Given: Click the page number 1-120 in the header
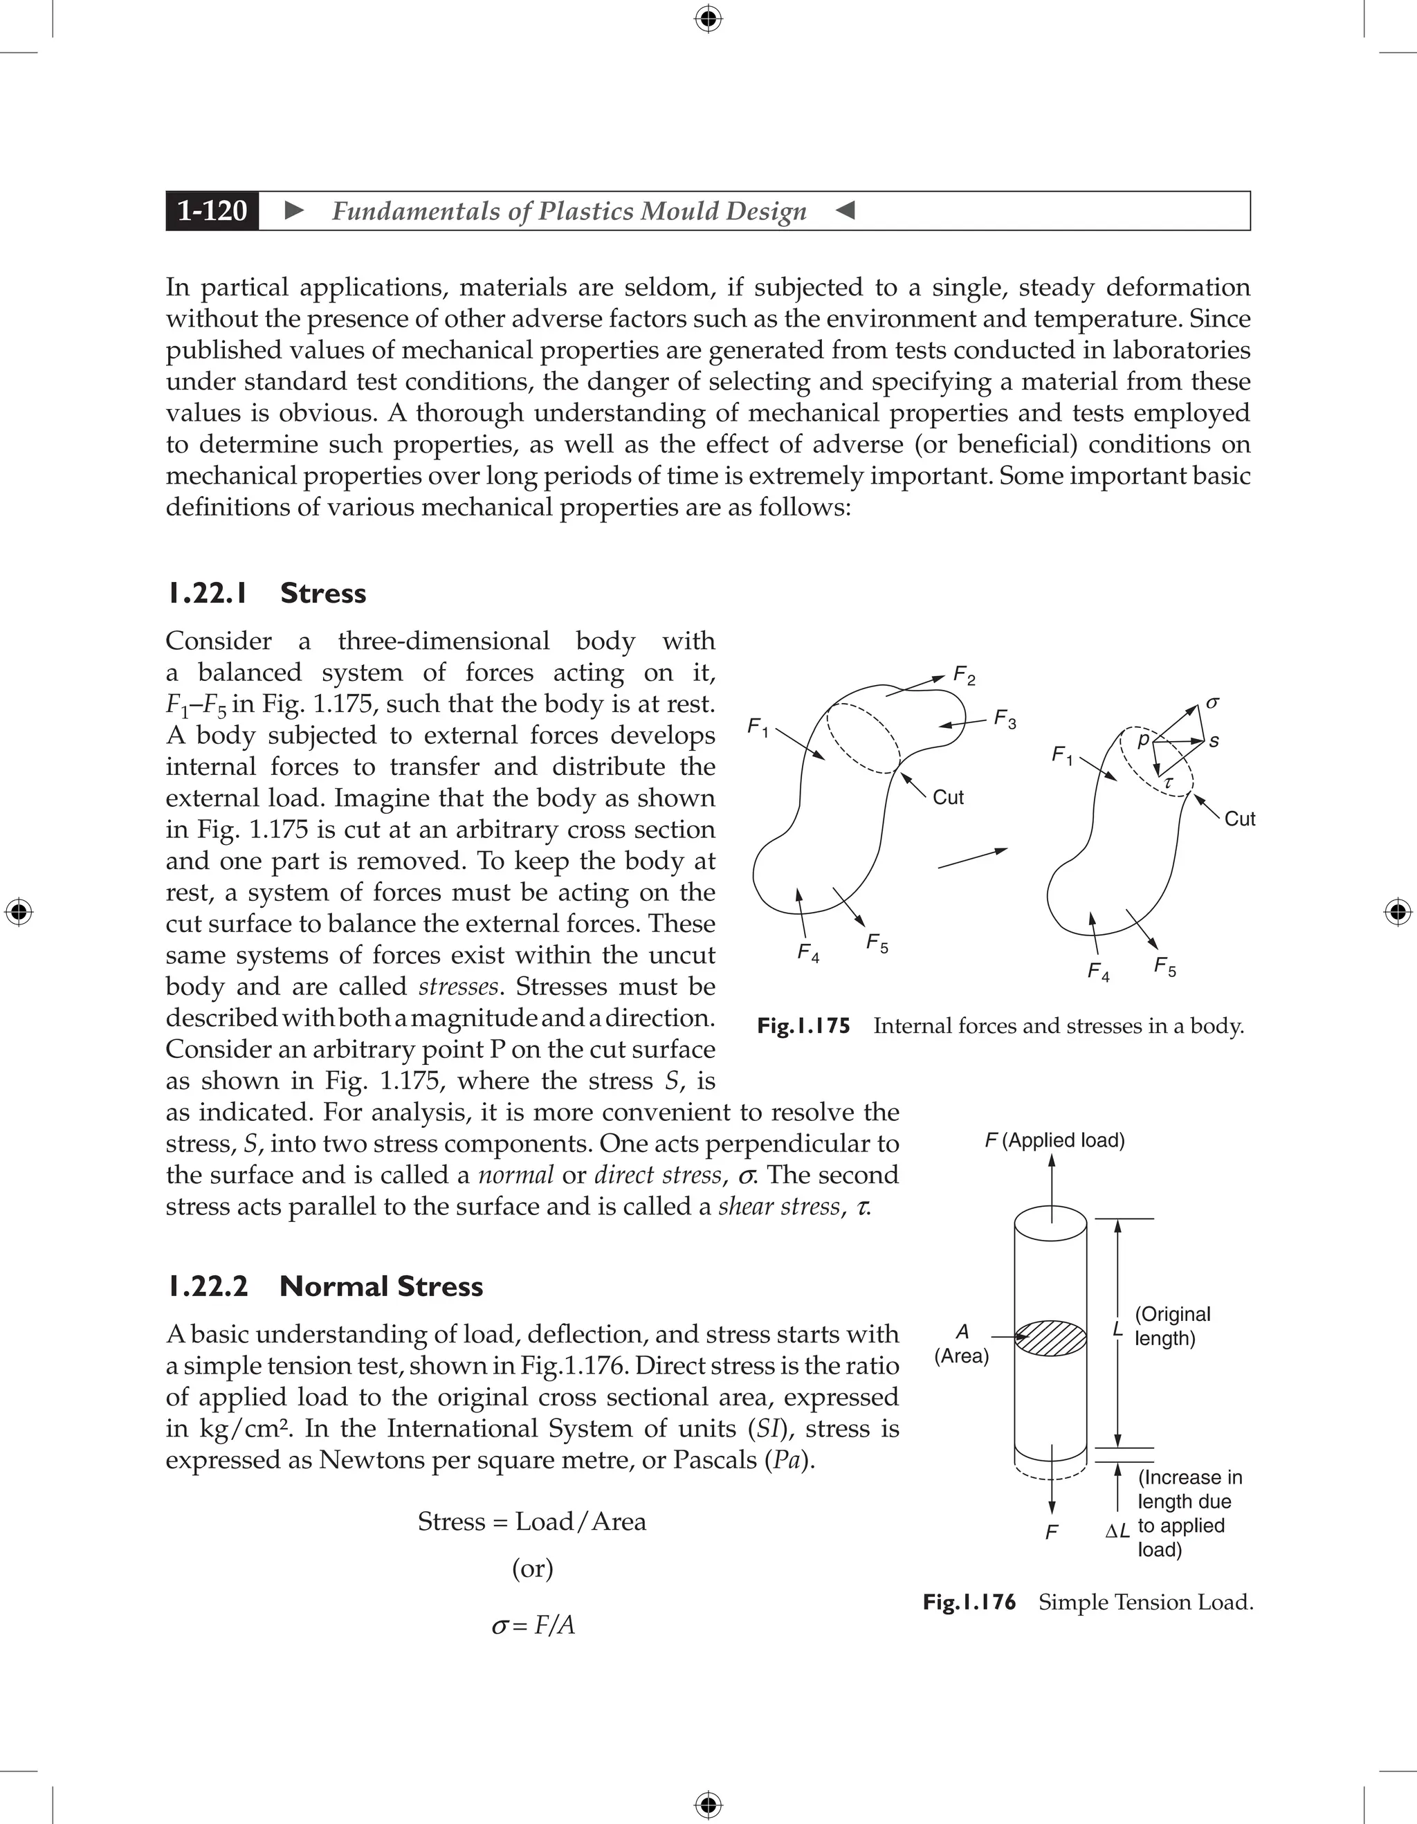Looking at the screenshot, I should coord(212,210).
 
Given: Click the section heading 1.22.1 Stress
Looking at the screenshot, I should coord(266,593).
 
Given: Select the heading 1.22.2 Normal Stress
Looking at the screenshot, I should coord(324,1286).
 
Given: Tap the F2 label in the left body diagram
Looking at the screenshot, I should coord(964,675).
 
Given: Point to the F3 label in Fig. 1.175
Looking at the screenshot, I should coord(1005,719).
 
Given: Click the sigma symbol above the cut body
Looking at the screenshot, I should coord(1212,703).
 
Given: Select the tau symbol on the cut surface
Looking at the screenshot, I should coord(1168,782).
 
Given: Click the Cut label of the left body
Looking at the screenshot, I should coord(948,798).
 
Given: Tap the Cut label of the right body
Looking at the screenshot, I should coord(1239,819).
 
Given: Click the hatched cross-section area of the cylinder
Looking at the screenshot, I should coord(1050,1337).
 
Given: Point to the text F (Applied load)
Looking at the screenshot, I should coord(1054,1140).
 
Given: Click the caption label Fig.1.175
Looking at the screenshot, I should coord(803,1025).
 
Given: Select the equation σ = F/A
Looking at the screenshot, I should coord(533,1625).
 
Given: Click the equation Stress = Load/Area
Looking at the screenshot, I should coord(532,1521).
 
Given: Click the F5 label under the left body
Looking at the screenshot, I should coord(877,944).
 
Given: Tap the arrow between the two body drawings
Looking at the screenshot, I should coord(972,859).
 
